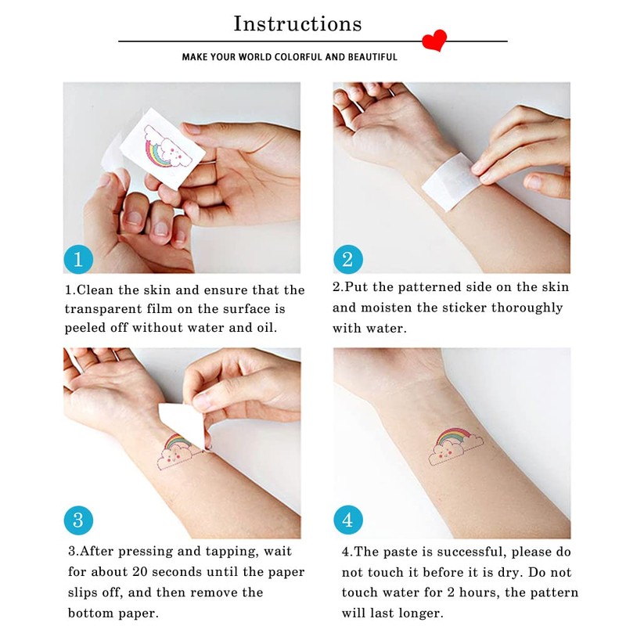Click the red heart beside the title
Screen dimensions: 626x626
pos(434,40)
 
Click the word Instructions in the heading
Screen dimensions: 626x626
pos(297,23)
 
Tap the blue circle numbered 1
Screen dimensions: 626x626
pos(78,259)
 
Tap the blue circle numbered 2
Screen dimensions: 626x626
pos(347,259)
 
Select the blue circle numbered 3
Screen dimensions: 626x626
pos(78,520)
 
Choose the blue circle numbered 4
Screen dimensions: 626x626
pos(347,520)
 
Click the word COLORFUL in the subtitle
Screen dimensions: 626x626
pos(297,57)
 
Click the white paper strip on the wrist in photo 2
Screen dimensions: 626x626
pos(446,180)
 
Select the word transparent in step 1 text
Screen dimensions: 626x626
pos(106,309)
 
